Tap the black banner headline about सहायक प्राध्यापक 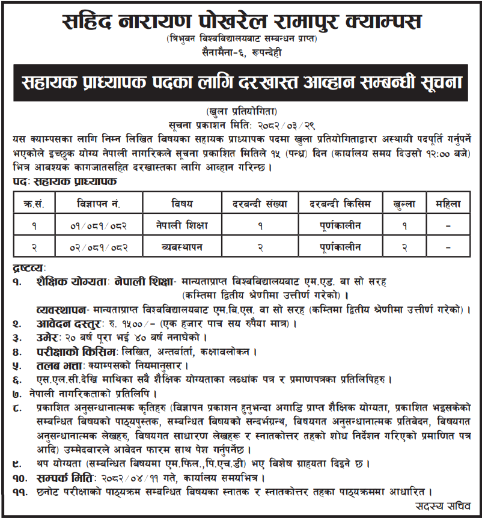point(241,82)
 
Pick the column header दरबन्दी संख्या point(260,203)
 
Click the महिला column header point(448,203)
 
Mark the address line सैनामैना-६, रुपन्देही point(241,52)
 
